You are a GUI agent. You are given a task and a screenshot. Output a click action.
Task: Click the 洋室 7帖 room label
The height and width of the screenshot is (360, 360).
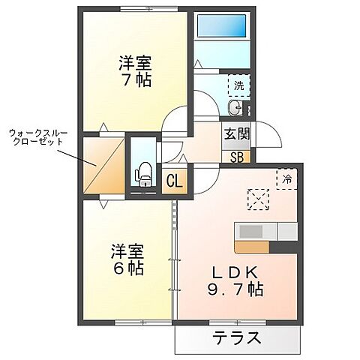[x=135, y=70]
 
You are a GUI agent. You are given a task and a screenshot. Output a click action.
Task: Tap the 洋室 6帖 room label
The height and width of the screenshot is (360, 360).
[x=127, y=259]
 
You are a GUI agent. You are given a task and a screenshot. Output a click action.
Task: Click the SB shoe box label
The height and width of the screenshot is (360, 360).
[x=237, y=157]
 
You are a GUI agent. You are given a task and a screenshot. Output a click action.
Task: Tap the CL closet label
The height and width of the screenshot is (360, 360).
[x=174, y=180]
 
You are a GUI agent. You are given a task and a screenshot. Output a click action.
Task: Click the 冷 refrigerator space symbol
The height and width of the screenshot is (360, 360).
[x=286, y=178]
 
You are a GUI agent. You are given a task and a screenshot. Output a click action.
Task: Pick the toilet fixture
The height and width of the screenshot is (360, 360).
[x=143, y=174]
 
